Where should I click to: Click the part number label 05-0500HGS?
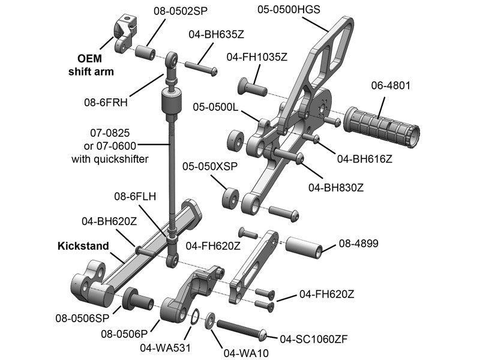(289, 10)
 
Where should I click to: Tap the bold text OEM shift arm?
(89, 65)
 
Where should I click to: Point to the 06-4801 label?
(391, 85)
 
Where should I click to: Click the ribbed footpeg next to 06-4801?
(380, 125)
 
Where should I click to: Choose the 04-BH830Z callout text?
(336, 187)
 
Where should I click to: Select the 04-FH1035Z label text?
(257, 57)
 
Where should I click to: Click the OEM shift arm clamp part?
(124, 33)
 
